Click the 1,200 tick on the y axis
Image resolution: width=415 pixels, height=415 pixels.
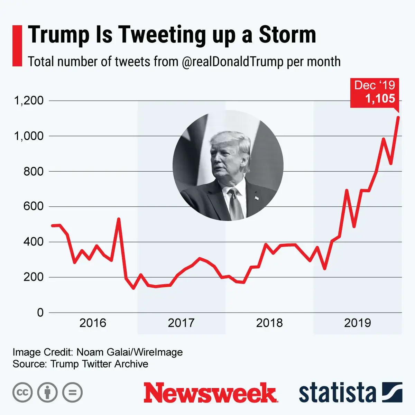click(x=29, y=101)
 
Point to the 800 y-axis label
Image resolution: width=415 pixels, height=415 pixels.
click(x=34, y=172)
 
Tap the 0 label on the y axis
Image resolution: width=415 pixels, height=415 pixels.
click(x=40, y=313)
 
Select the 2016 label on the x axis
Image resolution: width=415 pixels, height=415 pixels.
click(x=93, y=323)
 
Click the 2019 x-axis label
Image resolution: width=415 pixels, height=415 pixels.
click(x=358, y=323)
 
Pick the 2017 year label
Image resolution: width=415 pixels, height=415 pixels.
click(x=181, y=323)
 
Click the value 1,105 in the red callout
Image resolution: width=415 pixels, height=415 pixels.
click(x=380, y=99)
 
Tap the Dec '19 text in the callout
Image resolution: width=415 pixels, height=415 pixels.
click(x=375, y=85)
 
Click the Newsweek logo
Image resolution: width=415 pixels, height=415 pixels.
click(x=210, y=393)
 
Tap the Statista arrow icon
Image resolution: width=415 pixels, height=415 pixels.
click(x=392, y=393)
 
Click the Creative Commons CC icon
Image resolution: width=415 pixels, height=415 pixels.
click(x=22, y=393)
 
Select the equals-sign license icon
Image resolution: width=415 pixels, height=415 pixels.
click(x=72, y=393)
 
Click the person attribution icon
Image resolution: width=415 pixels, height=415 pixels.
click(x=47, y=393)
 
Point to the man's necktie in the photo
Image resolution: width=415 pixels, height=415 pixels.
click(x=236, y=204)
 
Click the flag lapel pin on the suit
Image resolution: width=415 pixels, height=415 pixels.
click(x=257, y=198)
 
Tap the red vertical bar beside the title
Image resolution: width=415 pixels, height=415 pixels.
click(x=17, y=45)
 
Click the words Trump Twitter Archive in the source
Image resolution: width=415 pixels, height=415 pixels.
click(x=99, y=364)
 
